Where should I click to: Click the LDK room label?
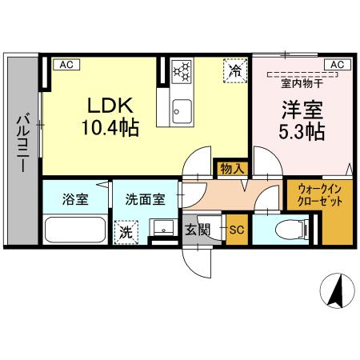[x=110, y=106]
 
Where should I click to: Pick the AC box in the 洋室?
[x=335, y=65]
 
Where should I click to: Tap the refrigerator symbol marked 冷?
[x=234, y=71]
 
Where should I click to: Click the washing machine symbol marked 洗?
[x=126, y=233]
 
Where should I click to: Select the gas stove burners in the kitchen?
[x=182, y=72]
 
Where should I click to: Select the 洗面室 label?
[x=145, y=199]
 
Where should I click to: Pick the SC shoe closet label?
[x=237, y=230]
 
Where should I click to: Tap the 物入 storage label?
[x=233, y=168]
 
